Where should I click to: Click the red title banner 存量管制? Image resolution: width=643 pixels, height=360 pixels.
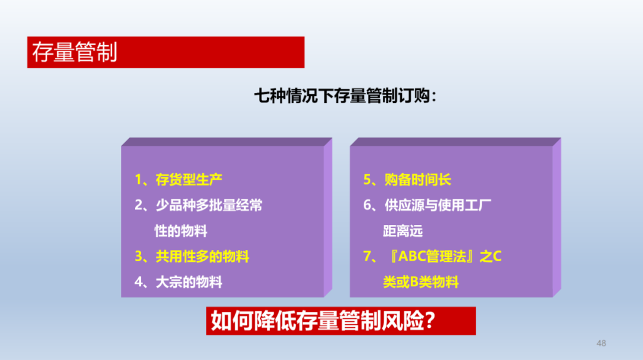point(166,52)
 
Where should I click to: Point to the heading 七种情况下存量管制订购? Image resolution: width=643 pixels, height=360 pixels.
point(345,96)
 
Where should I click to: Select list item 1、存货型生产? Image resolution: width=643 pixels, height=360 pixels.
point(179,180)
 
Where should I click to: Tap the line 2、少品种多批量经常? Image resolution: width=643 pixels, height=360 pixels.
point(198,205)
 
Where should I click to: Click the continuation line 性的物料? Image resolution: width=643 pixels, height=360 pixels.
point(181,231)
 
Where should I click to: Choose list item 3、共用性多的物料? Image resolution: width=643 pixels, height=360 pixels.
point(192,256)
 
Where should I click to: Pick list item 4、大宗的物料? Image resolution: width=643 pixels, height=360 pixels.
point(179,282)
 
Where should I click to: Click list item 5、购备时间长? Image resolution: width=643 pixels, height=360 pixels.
point(407,180)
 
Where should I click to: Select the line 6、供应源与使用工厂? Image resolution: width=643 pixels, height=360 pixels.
point(427,205)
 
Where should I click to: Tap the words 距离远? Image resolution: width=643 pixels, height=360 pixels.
point(402,231)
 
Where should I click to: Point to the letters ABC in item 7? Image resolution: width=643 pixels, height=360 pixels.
point(412,256)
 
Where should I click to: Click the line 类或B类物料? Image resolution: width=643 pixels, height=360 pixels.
point(421,282)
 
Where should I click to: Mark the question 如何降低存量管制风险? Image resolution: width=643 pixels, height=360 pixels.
point(323,321)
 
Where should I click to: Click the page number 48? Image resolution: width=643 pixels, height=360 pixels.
point(601,343)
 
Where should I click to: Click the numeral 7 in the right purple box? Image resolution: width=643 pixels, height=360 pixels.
point(367,256)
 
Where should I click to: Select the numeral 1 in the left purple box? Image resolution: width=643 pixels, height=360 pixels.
point(139,180)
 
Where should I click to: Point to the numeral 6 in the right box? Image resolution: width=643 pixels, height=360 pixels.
point(367,205)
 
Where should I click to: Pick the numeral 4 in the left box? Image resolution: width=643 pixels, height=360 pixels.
point(139,282)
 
